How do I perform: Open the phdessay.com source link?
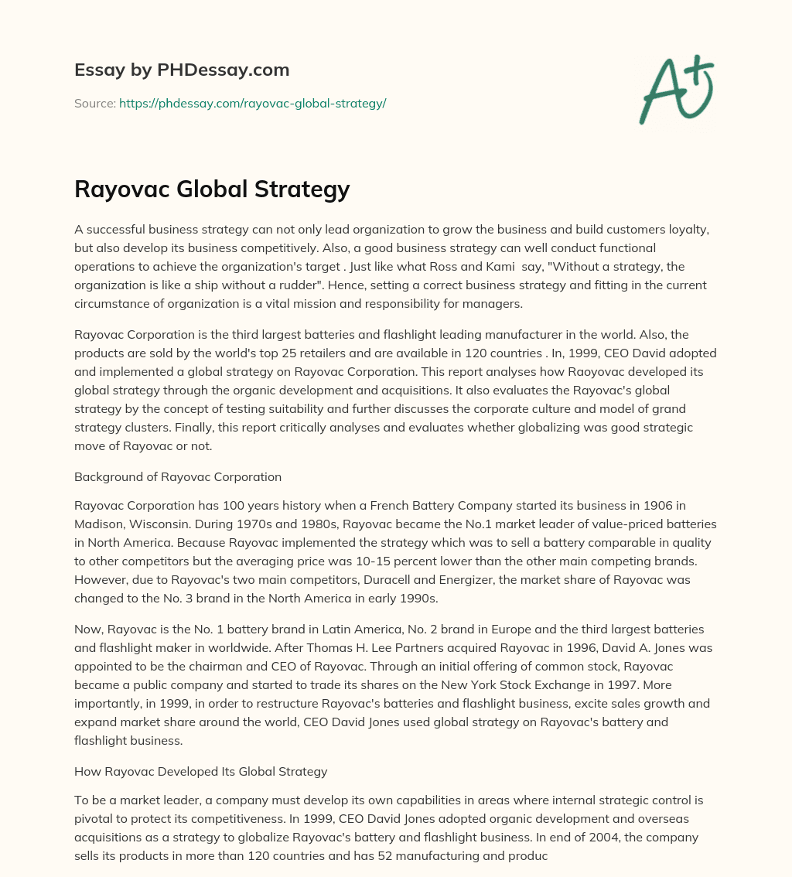point(252,103)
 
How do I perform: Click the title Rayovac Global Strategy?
point(212,189)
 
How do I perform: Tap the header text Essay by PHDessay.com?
point(182,70)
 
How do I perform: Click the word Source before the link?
point(94,103)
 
